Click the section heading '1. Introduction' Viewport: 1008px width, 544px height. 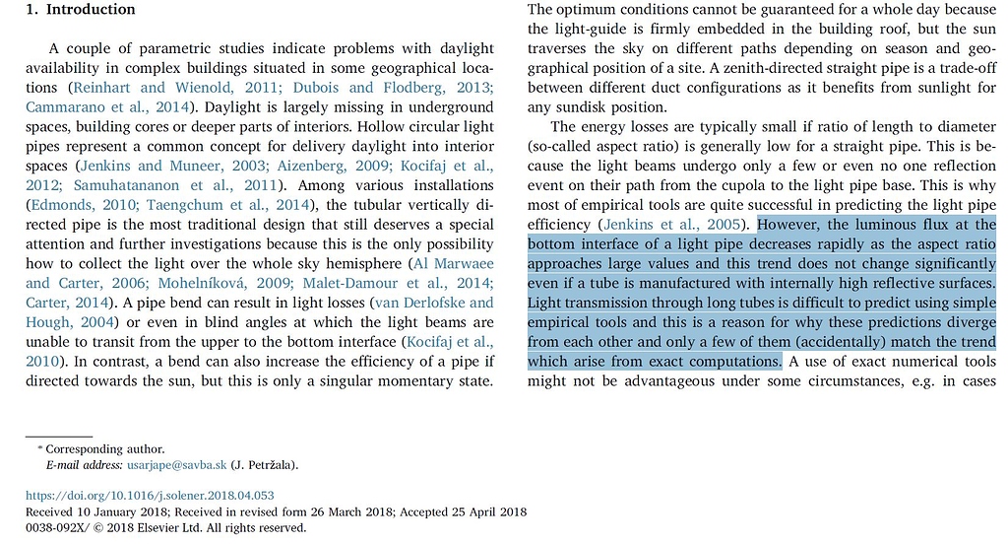click(81, 10)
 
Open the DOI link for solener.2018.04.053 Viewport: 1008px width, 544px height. click(150, 496)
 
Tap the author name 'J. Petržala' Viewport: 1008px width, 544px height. click(263, 465)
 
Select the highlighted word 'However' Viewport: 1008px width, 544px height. click(789, 225)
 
